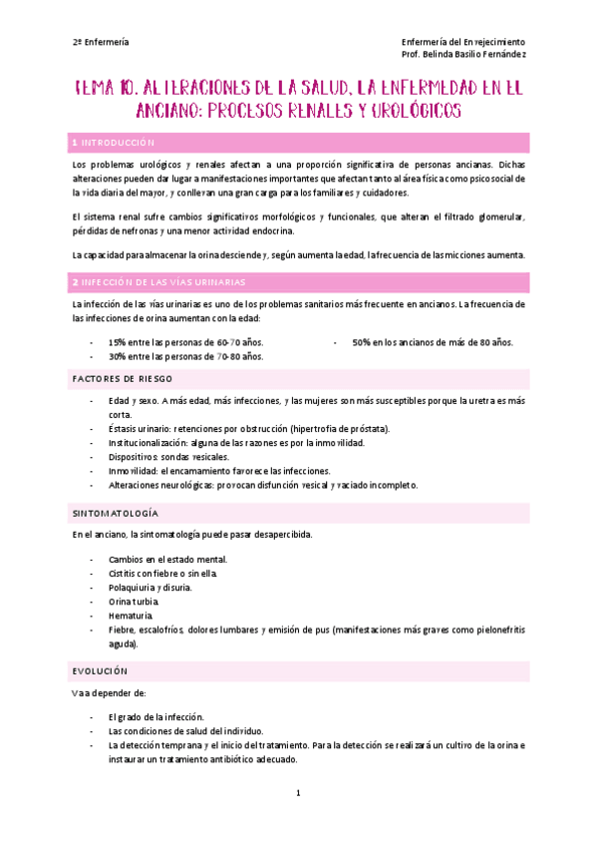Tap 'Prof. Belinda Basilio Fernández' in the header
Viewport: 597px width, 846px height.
pyautogui.click(x=463, y=54)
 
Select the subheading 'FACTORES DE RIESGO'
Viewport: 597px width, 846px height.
pyautogui.click(x=123, y=379)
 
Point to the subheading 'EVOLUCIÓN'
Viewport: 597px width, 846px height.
pyautogui.click(x=100, y=670)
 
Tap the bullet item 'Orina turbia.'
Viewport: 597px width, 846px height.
pyautogui.click(x=133, y=603)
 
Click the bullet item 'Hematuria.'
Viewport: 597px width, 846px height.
pyautogui.click(x=131, y=617)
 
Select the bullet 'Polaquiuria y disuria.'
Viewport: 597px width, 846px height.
pyautogui.click(x=150, y=588)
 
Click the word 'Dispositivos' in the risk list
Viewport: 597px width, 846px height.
pyautogui.click(x=139, y=456)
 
